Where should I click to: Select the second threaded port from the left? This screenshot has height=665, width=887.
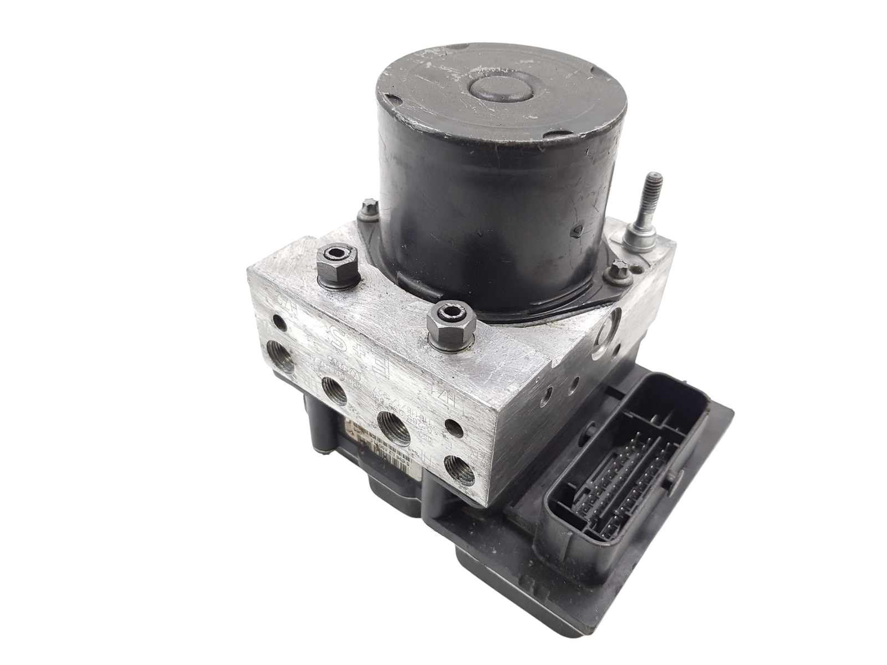334,390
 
